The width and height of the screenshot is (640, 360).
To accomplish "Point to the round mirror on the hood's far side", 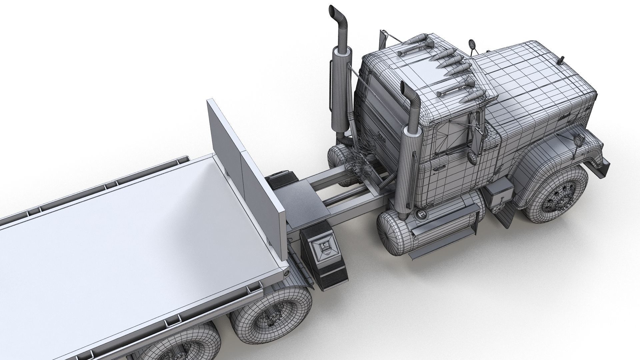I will click(x=472, y=44).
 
